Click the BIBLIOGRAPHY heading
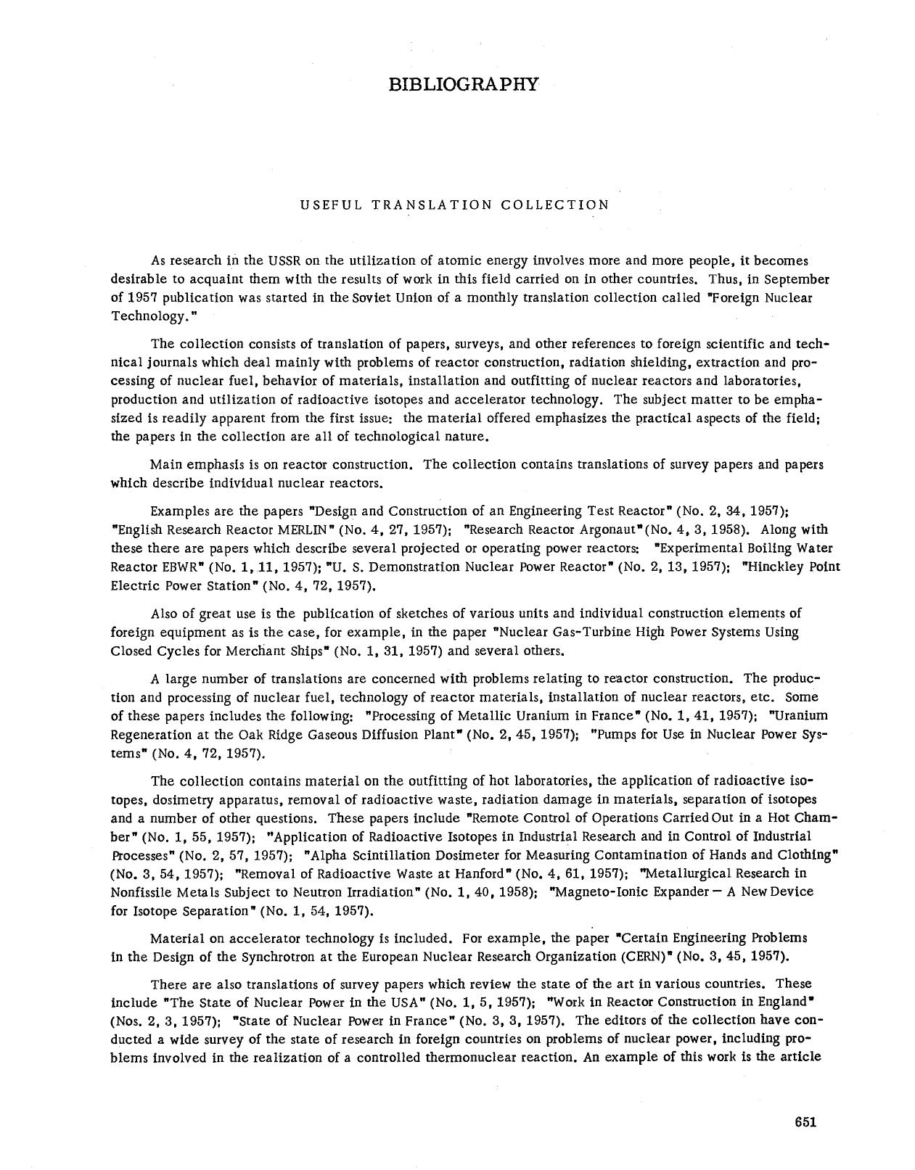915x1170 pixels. [x=464, y=84]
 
